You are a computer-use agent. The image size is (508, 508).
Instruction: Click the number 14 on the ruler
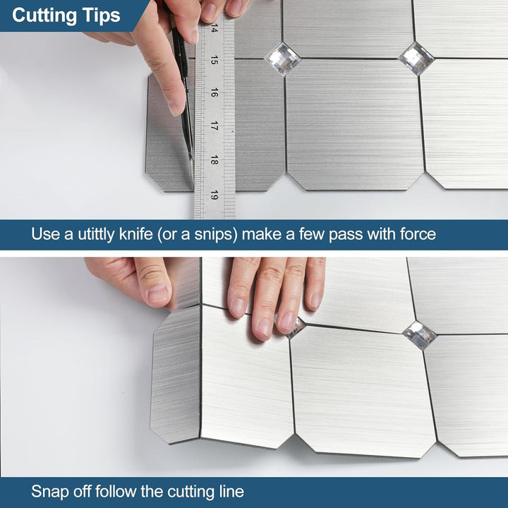click(214, 29)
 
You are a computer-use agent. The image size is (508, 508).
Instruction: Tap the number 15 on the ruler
click(214, 61)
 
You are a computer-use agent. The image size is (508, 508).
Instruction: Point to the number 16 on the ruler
click(214, 93)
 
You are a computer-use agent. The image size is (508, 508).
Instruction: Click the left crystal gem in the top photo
click(282, 59)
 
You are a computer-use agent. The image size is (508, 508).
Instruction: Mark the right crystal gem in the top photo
click(416, 58)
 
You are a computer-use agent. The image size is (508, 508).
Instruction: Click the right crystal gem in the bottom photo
click(420, 335)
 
